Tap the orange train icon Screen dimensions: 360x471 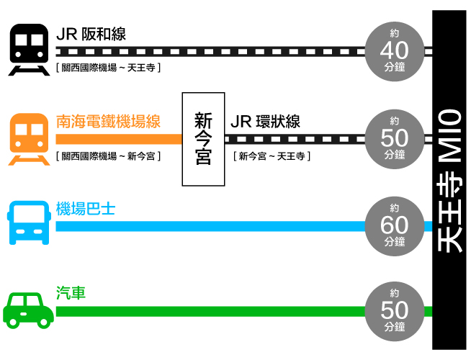point(28,138)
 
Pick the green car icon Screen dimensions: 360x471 point(28,310)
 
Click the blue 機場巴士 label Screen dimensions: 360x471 point(85,210)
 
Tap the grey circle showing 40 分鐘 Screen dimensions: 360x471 point(395,50)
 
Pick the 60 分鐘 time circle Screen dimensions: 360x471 point(395,225)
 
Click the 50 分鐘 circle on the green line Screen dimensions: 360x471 point(395,310)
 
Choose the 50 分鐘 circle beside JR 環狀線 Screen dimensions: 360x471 point(395,137)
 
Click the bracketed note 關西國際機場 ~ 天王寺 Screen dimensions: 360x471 point(107,68)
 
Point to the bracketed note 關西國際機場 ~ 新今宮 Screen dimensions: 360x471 point(107,156)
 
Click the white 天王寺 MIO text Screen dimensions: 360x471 point(450,180)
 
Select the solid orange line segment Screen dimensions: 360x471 point(118,138)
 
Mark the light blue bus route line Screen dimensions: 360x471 point(209,226)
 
